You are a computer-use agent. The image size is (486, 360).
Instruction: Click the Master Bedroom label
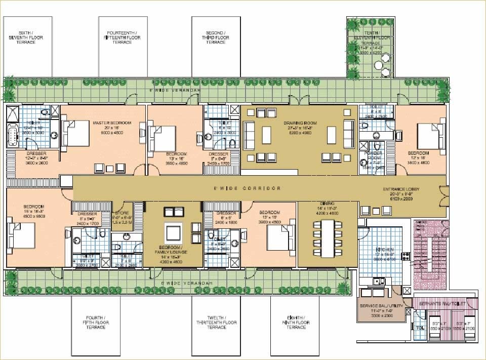point(112,123)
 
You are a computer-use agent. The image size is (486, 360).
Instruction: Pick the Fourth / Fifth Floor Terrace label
point(96,323)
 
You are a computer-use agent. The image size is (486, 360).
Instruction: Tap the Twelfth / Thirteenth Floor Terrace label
point(216,323)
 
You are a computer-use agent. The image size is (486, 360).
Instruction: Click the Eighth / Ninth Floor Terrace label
point(296,323)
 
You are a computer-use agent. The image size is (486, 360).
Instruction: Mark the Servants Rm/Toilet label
point(441,303)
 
